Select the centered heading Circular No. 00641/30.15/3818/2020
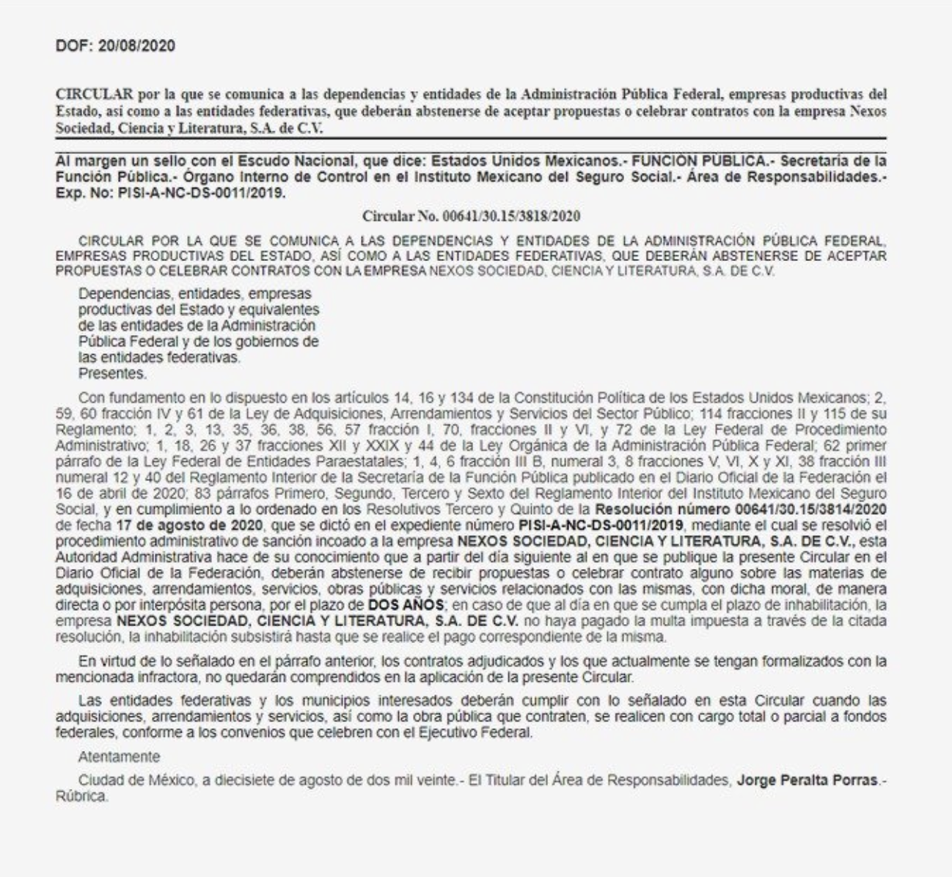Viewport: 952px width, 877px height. pyautogui.click(x=471, y=216)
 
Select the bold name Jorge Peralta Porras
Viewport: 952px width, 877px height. pyautogui.click(x=807, y=780)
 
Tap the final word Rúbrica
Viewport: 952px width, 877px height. pyautogui.click(x=81, y=796)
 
